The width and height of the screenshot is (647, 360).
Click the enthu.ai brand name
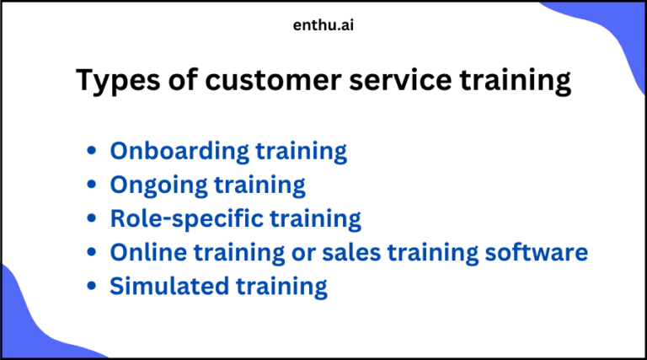click(x=323, y=24)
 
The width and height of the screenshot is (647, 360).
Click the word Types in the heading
click(x=114, y=81)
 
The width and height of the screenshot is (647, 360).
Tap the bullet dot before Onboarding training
click(x=91, y=153)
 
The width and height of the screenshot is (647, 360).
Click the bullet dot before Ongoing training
click(x=91, y=185)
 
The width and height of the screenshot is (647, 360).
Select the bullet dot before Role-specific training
click(x=91, y=219)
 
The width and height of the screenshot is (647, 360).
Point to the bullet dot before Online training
click(x=91, y=253)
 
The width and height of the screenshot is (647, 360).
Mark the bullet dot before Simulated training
click(x=91, y=287)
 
